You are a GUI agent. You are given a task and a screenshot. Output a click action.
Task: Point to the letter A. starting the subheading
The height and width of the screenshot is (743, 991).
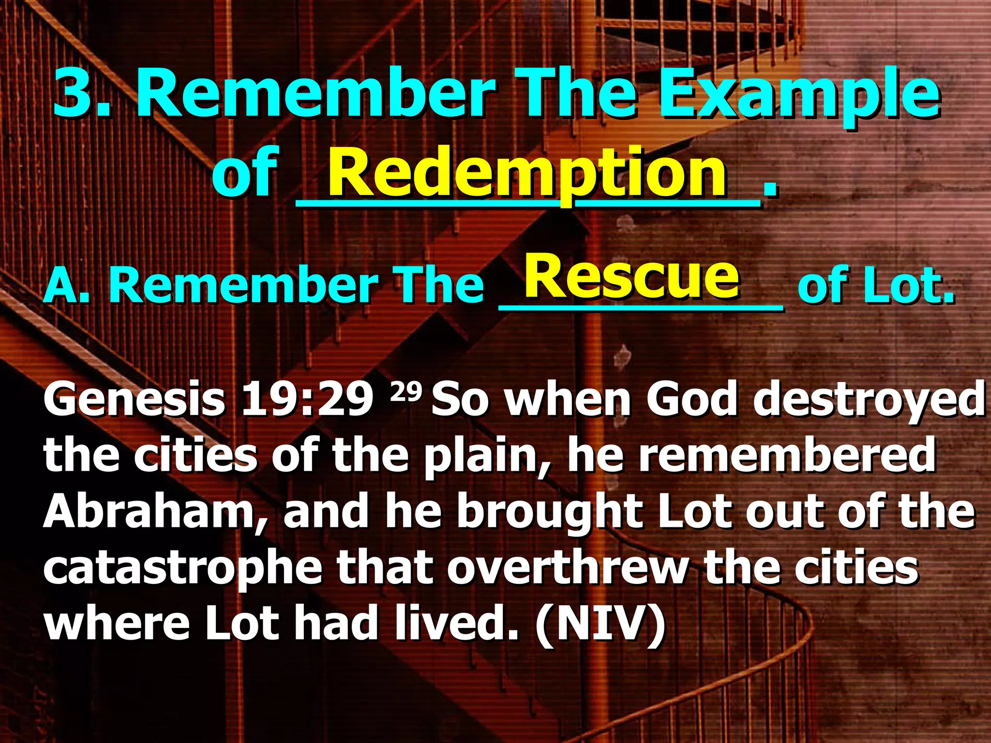pos(66,285)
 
